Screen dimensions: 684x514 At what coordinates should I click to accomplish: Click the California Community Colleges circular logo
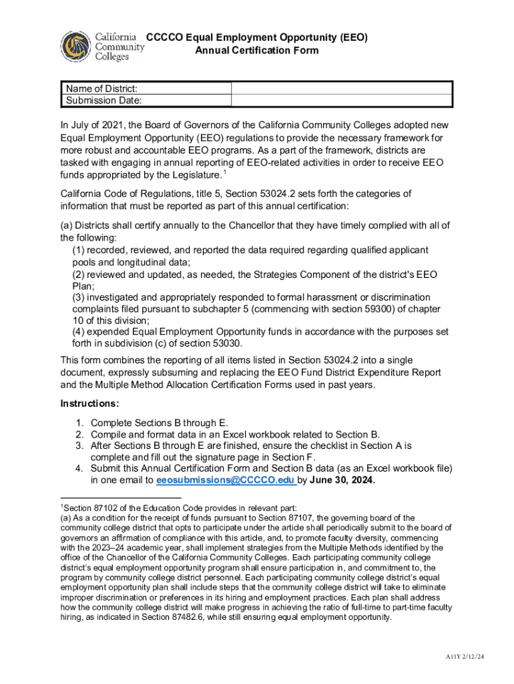click(x=76, y=47)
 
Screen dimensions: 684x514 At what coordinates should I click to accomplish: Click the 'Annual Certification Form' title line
click(x=256, y=51)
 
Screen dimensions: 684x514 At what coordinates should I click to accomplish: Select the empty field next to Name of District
click(x=342, y=89)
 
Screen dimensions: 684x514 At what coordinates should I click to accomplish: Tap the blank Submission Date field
click(x=342, y=101)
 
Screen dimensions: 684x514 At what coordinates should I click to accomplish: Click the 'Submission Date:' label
click(x=103, y=101)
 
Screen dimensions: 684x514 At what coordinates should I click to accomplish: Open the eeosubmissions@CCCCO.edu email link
click(x=226, y=480)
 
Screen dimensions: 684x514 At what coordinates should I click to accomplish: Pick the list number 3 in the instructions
click(x=79, y=446)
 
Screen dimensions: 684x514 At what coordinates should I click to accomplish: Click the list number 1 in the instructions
click(x=79, y=422)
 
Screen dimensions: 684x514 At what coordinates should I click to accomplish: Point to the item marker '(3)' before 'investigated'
click(x=79, y=297)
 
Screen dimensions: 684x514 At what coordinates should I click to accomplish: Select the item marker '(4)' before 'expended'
click(x=79, y=332)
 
